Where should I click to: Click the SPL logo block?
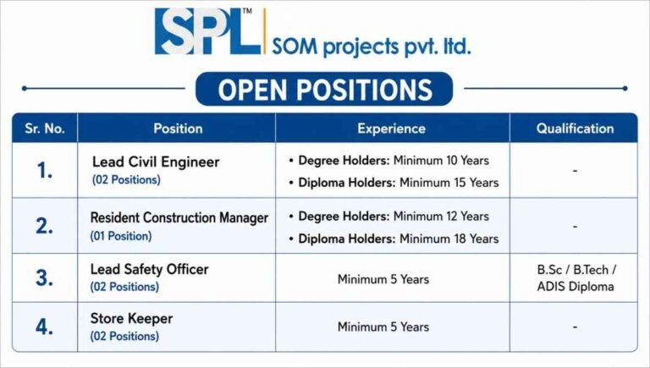(x=207, y=31)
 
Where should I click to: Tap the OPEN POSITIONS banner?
(x=324, y=89)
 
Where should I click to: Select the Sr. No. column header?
(x=45, y=129)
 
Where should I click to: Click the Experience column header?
(x=391, y=129)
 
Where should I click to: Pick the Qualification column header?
(x=575, y=129)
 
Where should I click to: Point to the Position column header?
(x=178, y=129)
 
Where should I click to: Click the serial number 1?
(x=44, y=170)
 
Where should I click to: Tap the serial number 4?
(x=44, y=327)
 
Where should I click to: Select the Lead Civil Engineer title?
(x=156, y=162)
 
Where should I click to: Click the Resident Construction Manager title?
(x=179, y=218)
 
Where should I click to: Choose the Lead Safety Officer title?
(x=149, y=269)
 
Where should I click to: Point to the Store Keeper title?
(x=131, y=319)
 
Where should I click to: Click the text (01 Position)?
(x=121, y=236)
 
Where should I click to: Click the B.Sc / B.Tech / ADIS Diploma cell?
(x=576, y=278)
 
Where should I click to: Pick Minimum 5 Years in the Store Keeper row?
(x=383, y=327)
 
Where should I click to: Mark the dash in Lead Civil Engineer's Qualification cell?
(x=575, y=170)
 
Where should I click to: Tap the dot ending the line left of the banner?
(x=25, y=88)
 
